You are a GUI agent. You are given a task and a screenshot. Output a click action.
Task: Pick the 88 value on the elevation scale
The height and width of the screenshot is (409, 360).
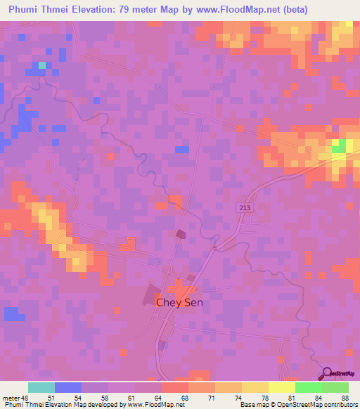tap(344, 397)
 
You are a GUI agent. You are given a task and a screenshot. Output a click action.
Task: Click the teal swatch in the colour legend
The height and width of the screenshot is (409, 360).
tap(41, 387)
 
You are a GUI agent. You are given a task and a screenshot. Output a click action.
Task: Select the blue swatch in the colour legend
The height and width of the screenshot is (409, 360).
tap(68, 387)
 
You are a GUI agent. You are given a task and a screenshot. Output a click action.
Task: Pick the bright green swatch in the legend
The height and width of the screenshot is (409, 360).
tap(309, 387)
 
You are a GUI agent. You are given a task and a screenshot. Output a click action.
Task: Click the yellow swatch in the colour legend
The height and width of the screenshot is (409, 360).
tap(255, 387)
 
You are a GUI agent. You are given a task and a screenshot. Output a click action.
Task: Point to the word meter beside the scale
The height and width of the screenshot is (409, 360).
tap(10, 397)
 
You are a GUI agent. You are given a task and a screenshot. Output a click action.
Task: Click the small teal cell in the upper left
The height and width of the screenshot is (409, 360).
tap(42, 65)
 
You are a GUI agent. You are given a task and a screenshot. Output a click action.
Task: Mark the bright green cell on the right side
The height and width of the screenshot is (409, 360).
tap(340, 146)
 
